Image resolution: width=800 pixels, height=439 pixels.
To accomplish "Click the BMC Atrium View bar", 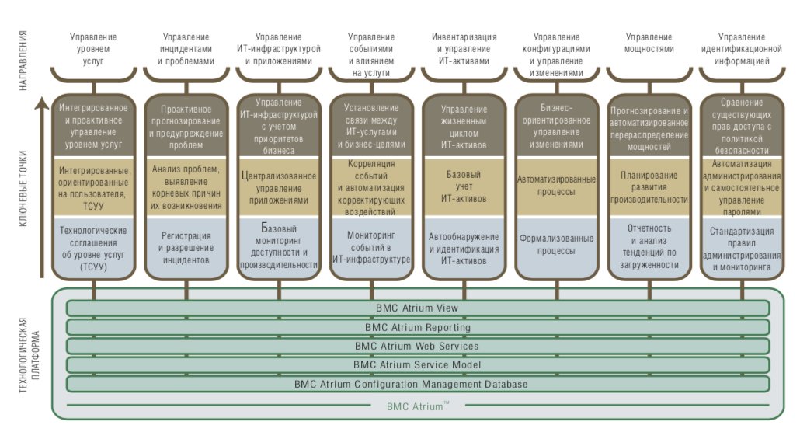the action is coord(418,308).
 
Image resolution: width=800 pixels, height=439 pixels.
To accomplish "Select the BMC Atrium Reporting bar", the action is coord(418,327).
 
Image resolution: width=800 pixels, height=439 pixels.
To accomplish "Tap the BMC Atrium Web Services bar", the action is coord(418,346).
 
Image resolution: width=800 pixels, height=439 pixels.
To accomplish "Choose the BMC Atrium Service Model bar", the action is coord(418,365).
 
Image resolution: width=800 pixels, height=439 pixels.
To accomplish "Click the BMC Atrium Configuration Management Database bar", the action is coord(418,384).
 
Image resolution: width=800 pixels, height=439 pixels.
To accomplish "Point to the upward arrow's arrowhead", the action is coord(42,105).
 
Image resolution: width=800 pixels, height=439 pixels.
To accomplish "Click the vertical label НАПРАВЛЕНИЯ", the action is coord(23,61).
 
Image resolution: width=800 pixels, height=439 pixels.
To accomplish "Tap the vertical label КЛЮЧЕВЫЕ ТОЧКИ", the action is coord(23,189).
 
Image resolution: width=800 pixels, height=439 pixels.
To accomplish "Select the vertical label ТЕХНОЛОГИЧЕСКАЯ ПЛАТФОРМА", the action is coord(29,355).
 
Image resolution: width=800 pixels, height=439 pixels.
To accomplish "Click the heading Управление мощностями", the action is coord(649,43).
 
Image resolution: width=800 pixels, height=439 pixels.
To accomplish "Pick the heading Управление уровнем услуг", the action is coord(93,49).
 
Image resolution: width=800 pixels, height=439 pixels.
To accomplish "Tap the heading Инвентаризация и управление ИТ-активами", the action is coord(464,49).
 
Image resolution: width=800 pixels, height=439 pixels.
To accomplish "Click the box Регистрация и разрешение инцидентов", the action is coord(186,248).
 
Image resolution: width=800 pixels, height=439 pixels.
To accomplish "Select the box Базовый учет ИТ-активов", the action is coord(464,186).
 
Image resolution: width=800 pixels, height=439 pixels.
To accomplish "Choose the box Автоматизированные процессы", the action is coord(557,186).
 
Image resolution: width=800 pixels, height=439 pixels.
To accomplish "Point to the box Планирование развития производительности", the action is coord(649,186).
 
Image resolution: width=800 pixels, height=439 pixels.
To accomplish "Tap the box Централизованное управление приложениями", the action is coord(279,186).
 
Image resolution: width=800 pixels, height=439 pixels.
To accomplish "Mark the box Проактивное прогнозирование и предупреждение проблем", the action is coord(186,126).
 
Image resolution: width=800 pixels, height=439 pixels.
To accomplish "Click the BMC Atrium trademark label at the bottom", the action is coord(418,406).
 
